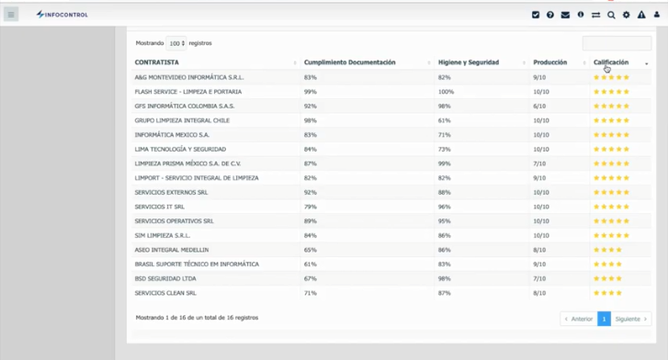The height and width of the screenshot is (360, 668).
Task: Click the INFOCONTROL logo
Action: click(62, 15)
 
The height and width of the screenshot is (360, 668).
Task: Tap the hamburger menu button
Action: click(11, 15)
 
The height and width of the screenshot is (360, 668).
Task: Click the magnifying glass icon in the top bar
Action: click(611, 15)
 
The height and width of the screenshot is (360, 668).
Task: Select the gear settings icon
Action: click(627, 15)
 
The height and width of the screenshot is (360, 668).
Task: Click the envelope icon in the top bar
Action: click(565, 15)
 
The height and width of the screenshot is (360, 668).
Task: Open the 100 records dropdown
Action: click(175, 43)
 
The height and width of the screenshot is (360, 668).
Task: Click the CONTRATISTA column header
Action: click(157, 62)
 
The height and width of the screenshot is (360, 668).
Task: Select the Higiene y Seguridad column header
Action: click(469, 62)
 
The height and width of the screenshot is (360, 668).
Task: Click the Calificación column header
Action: click(611, 62)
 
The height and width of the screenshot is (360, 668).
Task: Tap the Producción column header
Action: click(549, 62)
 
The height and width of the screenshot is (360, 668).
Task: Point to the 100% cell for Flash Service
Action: click(446, 92)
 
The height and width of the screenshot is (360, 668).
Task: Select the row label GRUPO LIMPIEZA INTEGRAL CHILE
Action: click(182, 120)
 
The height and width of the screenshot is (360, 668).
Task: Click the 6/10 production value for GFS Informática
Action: click(539, 106)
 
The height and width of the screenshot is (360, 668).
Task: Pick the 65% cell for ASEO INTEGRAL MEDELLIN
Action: click(311, 250)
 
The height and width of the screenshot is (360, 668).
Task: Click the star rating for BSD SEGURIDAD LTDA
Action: click(607, 278)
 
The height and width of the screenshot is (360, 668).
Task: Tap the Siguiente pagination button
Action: click(631, 319)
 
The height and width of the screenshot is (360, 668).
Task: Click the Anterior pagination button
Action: click(579, 319)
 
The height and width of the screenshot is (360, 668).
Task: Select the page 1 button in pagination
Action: click(604, 319)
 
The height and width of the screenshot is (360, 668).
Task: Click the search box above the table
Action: click(617, 43)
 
